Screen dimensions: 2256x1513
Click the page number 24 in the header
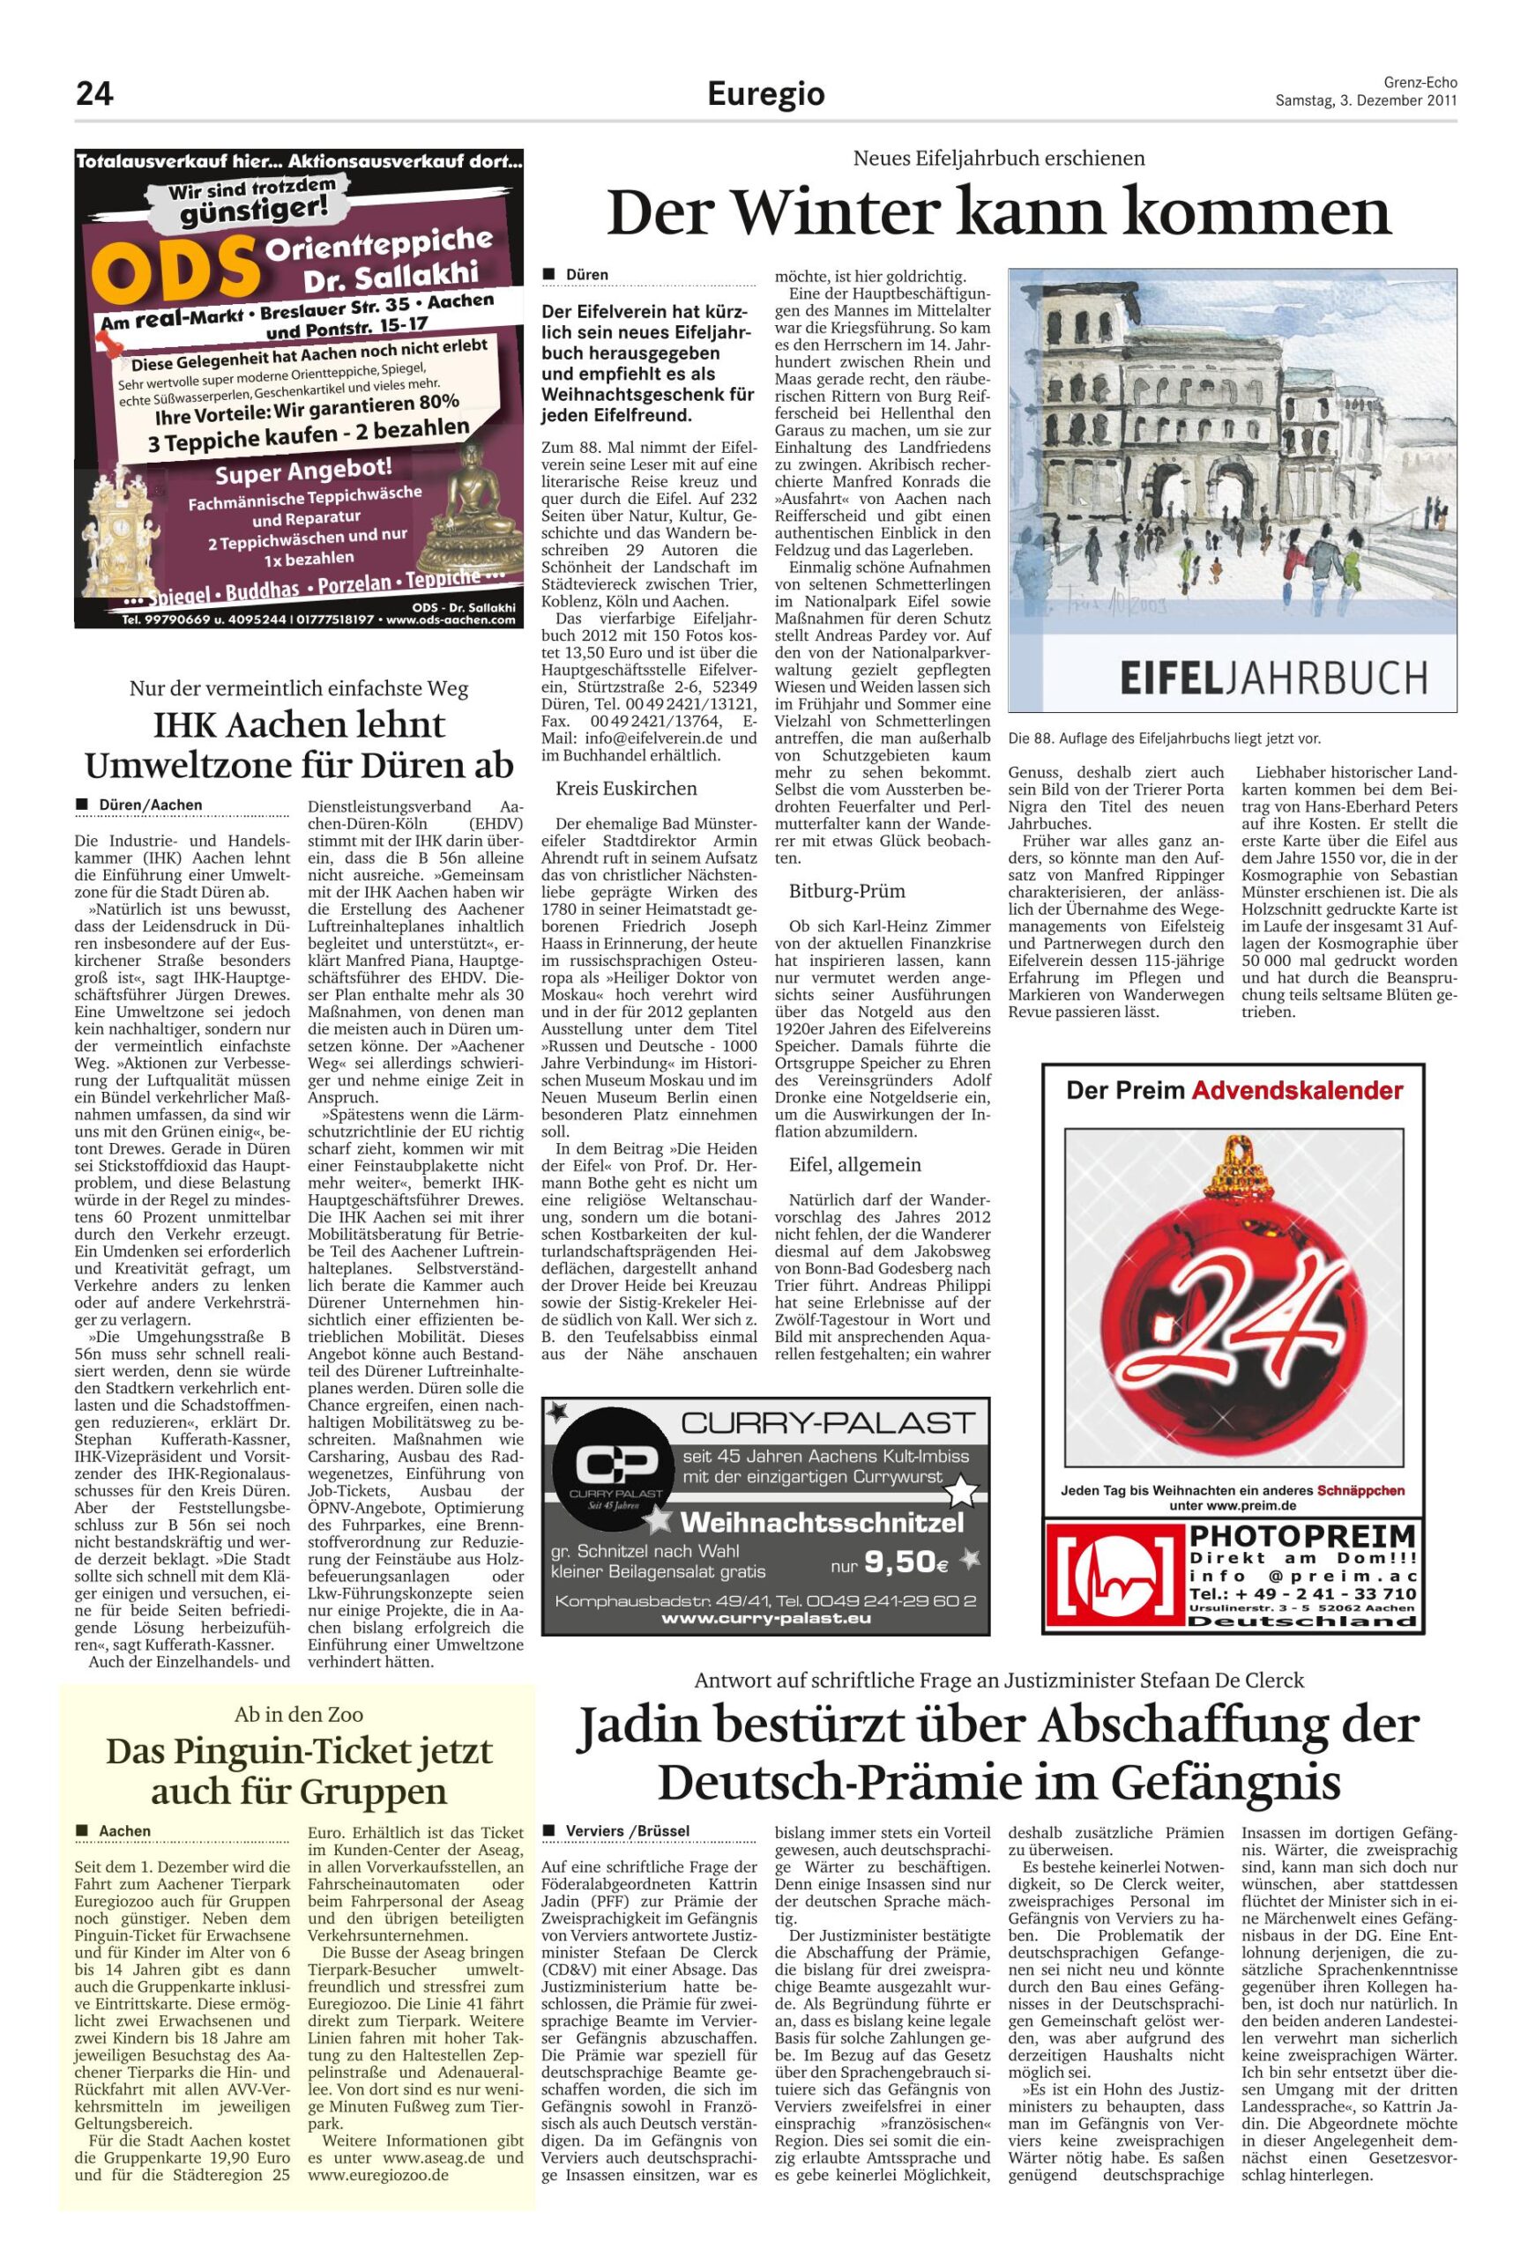[x=94, y=94]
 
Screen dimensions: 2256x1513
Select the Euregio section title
[x=766, y=94]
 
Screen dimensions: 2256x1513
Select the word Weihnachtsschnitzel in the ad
[x=821, y=1523]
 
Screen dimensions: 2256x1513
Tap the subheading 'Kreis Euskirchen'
[x=625, y=788]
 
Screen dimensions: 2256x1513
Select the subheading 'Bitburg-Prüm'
[x=847, y=889]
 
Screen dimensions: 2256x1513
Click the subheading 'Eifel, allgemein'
[x=855, y=1164]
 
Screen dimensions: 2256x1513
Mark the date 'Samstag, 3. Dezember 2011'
[x=1366, y=100]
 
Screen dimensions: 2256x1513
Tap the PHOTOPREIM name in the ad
[x=1302, y=1534]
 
